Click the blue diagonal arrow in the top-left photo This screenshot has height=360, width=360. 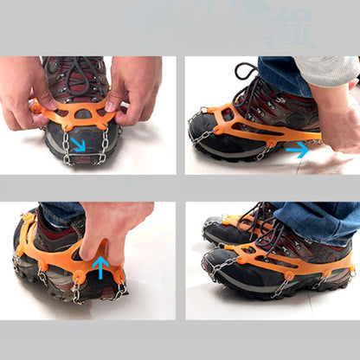pos(78,144)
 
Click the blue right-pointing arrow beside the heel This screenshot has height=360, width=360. pos(297,149)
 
